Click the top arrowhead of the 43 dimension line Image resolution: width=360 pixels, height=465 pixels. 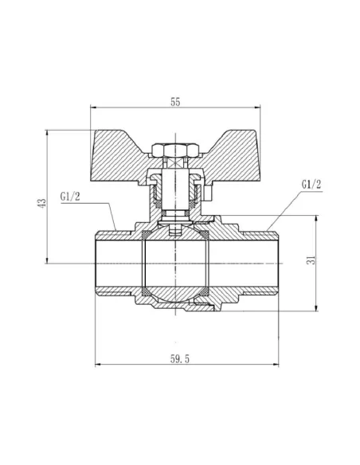tap(48, 132)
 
